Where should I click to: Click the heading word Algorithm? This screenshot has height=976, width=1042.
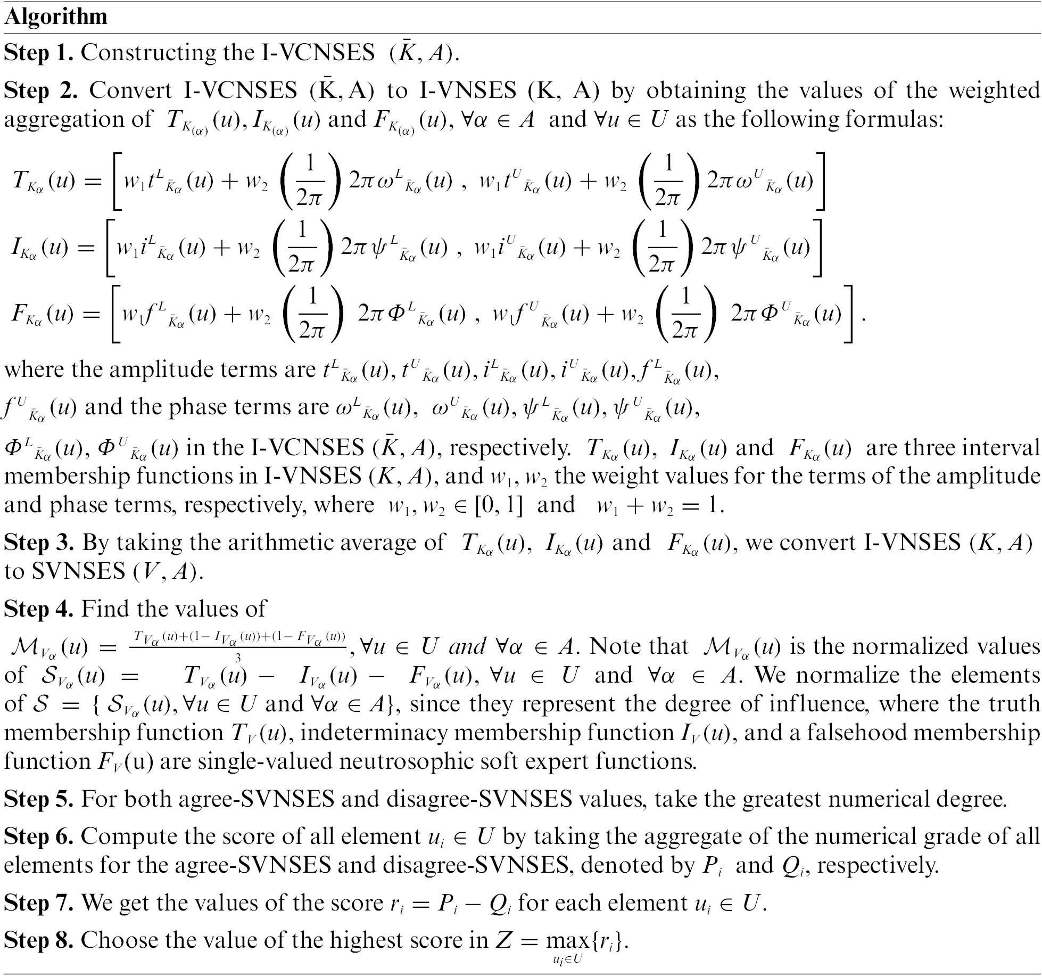[56, 17]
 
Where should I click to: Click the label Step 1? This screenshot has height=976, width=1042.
[38, 53]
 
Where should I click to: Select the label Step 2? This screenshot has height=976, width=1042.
[40, 91]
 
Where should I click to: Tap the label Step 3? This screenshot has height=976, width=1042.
[38, 543]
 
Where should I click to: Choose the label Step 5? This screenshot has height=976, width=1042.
[38, 799]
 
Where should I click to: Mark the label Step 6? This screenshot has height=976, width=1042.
[38, 836]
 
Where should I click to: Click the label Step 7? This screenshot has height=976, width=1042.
[38, 903]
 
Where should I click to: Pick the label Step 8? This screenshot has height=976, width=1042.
[38, 940]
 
